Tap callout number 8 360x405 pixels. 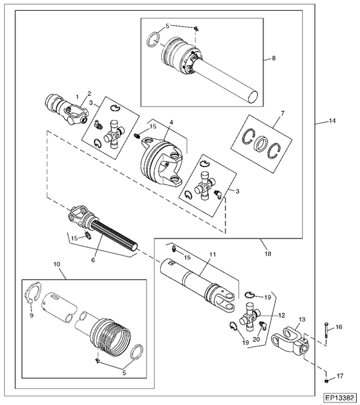point(274,58)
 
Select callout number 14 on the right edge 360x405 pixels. point(332,121)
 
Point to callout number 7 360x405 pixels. point(283,113)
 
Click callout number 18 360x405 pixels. point(268,254)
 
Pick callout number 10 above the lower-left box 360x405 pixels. point(57,264)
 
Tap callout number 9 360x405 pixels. point(31,315)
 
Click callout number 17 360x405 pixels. point(340,376)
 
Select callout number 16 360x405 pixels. point(339,327)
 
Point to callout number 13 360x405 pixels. point(302,320)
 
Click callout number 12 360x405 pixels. point(281,315)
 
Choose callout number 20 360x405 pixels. point(256,339)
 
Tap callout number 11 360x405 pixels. point(213,254)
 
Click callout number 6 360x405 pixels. point(93,260)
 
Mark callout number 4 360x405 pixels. point(171,122)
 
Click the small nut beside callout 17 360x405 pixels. point(327,382)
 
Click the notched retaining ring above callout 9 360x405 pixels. point(33,292)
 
